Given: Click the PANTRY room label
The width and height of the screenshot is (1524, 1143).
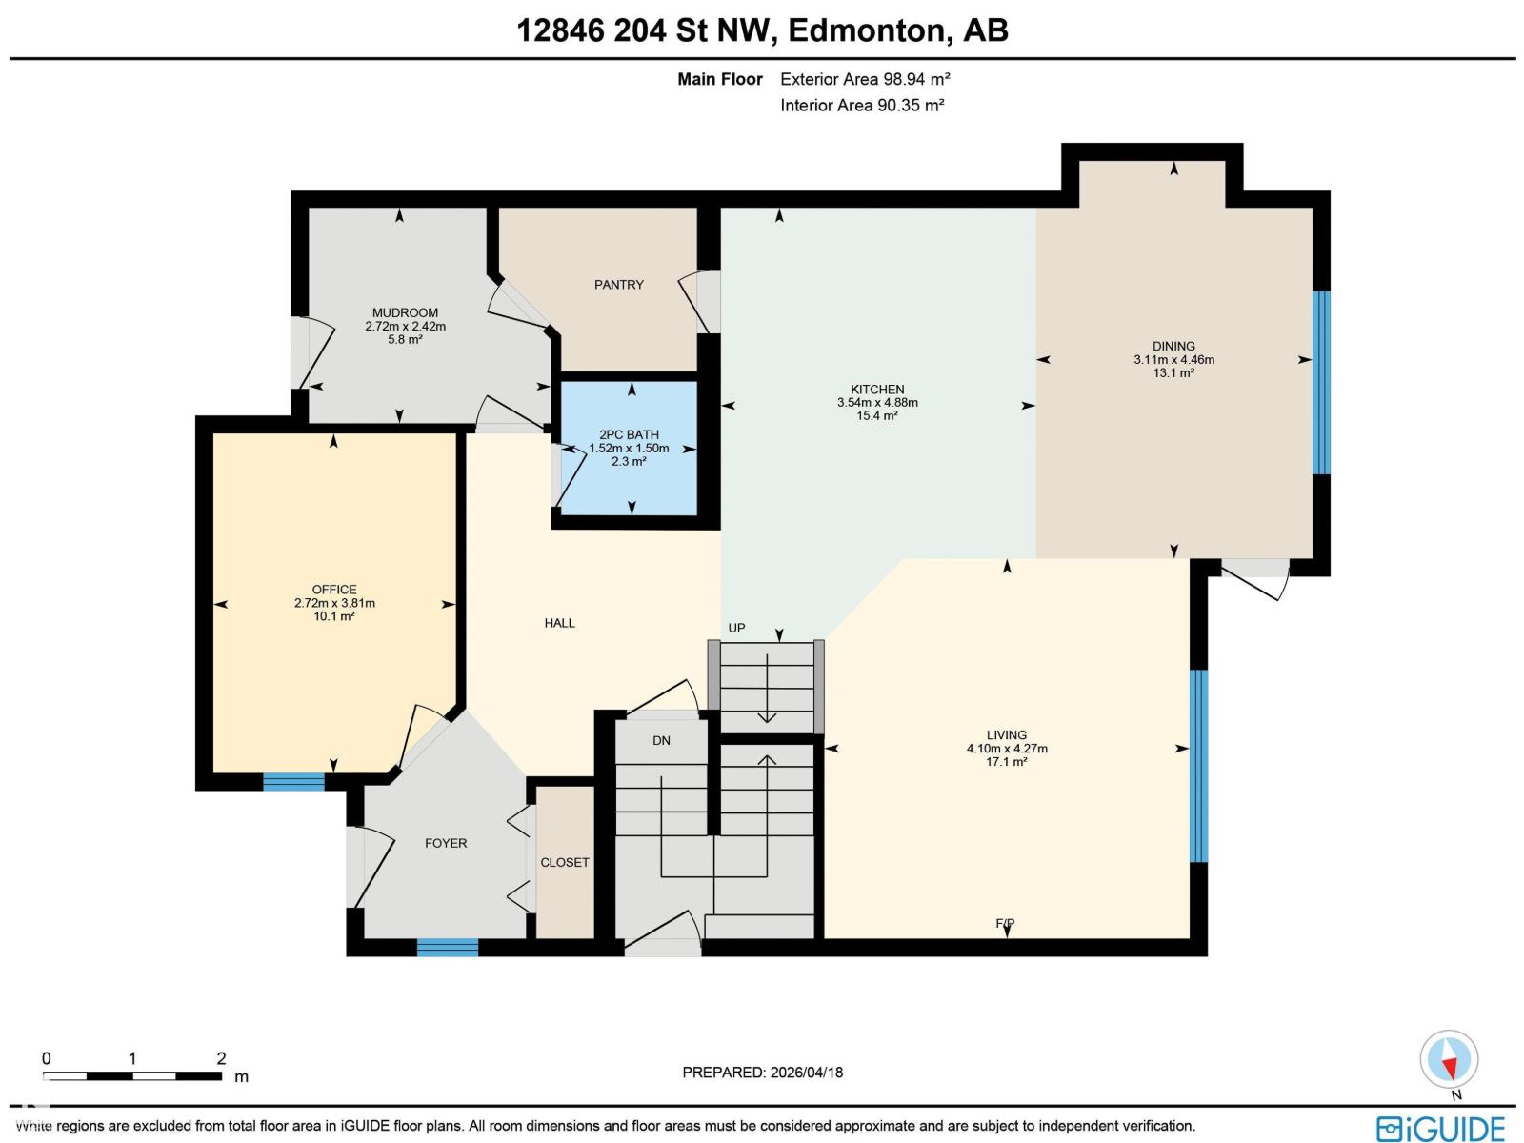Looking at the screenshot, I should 619,285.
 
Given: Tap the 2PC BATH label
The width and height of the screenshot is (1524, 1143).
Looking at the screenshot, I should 629,434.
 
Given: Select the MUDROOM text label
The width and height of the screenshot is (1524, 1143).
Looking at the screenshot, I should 405,312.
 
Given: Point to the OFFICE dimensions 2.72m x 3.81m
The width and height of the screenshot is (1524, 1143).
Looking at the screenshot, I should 334,603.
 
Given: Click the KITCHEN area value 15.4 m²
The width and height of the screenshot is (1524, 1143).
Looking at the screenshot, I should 877,416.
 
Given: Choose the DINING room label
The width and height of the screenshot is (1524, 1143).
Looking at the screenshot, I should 1173,346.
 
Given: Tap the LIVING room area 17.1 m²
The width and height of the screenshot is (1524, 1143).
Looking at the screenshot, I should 1007,762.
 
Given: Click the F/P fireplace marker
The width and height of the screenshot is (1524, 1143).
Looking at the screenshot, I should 1005,923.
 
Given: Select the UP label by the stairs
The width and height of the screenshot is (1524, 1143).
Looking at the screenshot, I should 736,628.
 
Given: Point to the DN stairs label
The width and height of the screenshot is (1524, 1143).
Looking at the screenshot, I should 661,740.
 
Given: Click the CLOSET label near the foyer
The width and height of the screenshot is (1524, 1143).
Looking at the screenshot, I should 565,862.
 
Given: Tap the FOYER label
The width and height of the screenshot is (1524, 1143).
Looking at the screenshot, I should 446,843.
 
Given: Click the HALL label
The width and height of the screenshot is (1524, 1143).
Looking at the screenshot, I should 559,623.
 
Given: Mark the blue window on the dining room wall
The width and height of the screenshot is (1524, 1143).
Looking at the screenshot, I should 1321,382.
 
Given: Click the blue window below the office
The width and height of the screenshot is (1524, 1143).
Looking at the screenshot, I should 293,782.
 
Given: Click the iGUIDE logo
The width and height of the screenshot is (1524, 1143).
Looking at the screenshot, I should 1440,1129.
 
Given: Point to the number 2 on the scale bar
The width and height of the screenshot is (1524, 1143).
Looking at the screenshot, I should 221,1058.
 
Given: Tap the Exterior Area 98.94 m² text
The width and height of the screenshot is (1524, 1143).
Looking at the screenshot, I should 865,79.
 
